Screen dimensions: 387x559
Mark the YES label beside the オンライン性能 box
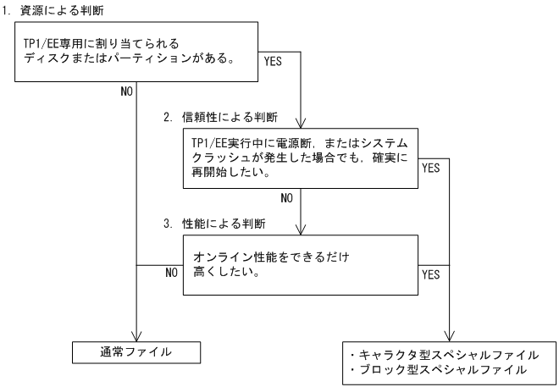(x=430, y=276)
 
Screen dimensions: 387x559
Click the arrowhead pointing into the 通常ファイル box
(x=136, y=334)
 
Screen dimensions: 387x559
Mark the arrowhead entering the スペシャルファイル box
(x=449, y=334)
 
